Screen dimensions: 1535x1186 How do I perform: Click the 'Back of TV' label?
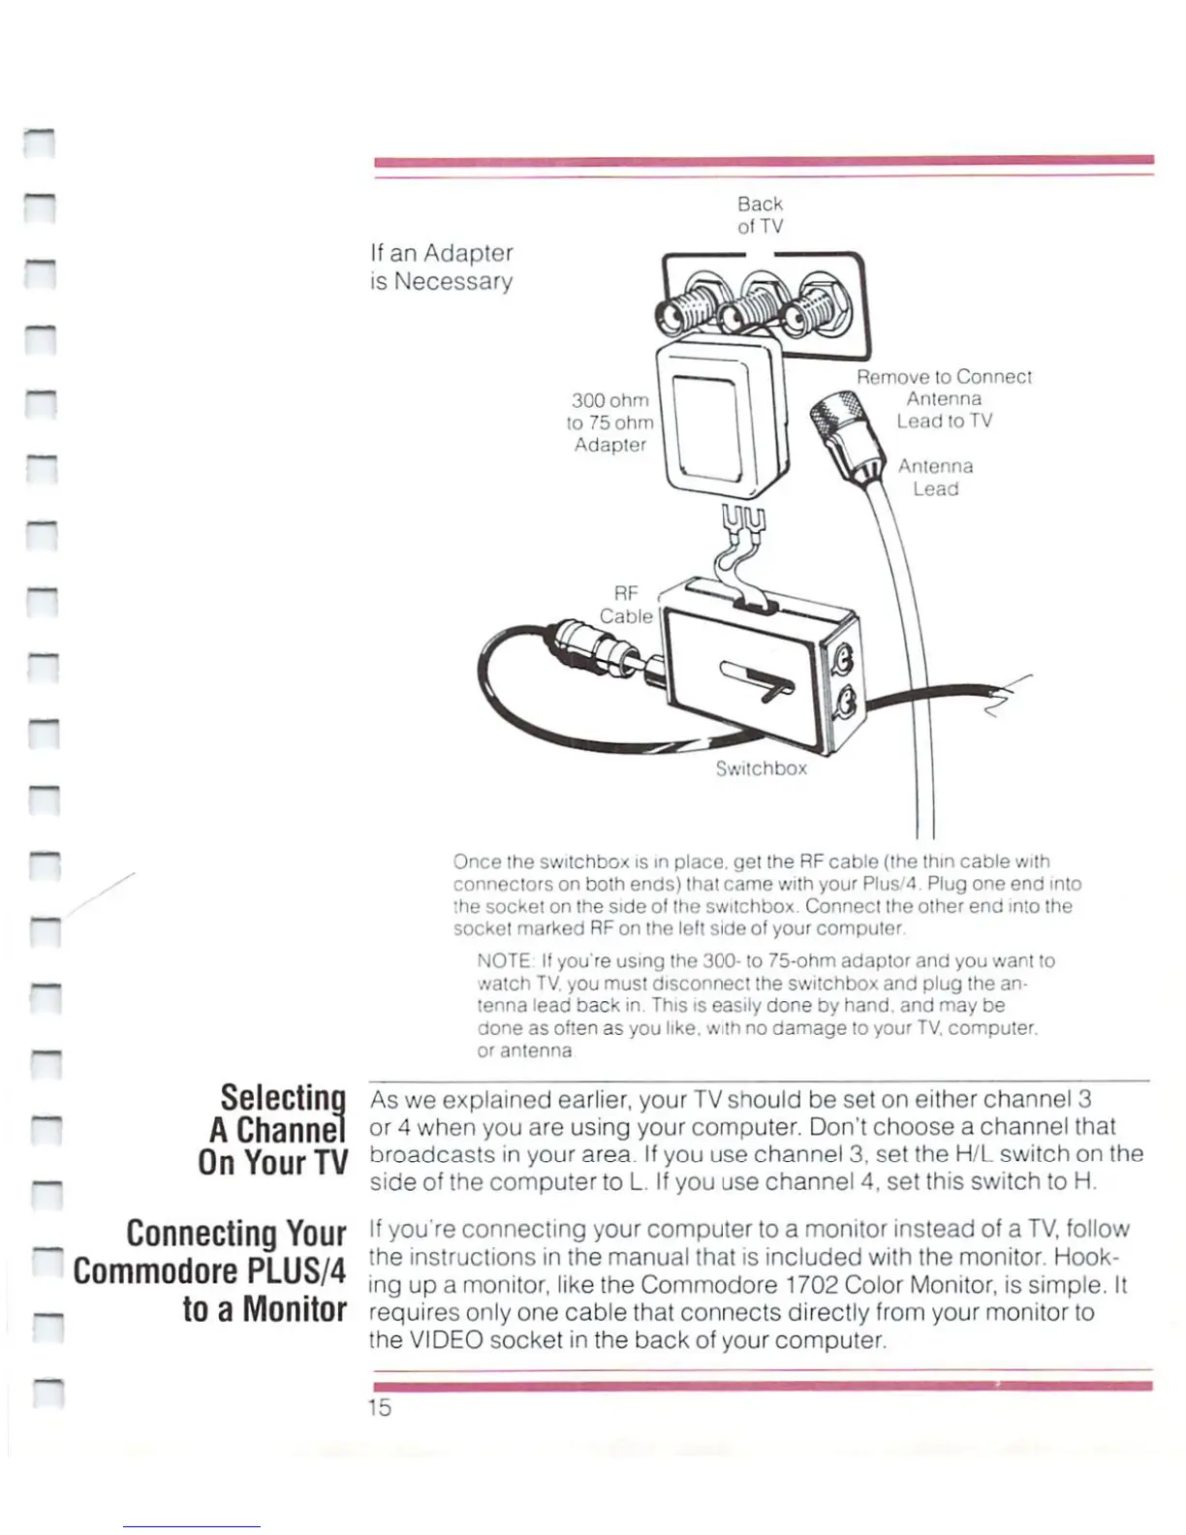(x=760, y=215)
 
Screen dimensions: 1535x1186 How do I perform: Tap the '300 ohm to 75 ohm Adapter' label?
(x=610, y=423)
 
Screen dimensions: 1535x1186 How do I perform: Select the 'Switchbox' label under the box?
(x=761, y=768)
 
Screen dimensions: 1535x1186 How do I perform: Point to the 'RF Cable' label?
(x=626, y=605)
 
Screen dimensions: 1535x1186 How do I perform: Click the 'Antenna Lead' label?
(x=935, y=478)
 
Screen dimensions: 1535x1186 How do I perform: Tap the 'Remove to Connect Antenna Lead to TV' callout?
(x=944, y=398)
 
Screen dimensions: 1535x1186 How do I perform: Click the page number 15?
(x=379, y=1408)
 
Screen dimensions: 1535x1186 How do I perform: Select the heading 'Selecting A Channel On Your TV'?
(x=274, y=1130)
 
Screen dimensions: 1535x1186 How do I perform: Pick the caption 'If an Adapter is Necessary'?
(x=442, y=266)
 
